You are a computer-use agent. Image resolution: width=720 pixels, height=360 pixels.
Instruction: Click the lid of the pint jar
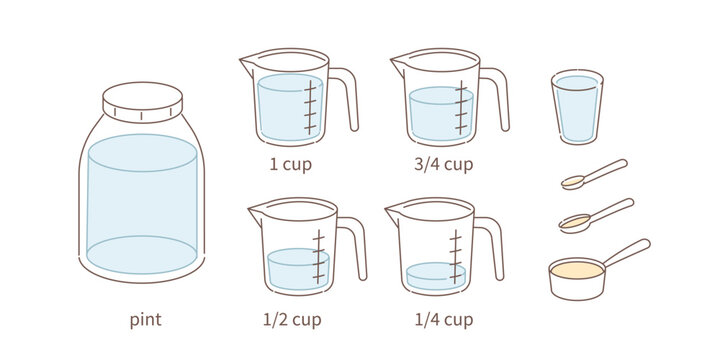pyautogui.click(x=142, y=102)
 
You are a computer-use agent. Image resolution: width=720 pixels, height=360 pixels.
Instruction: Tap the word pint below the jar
pyautogui.click(x=146, y=320)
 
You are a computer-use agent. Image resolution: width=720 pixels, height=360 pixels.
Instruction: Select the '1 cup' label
pyautogui.click(x=290, y=164)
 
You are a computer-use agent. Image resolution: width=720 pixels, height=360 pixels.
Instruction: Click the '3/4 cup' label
pyautogui.click(x=443, y=164)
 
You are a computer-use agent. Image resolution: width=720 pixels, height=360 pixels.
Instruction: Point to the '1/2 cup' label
pyautogui.click(x=292, y=320)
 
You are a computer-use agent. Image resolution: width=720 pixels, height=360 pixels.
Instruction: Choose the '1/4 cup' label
pyautogui.click(x=444, y=320)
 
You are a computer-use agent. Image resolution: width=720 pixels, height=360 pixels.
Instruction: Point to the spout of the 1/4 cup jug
pyautogui.click(x=393, y=214)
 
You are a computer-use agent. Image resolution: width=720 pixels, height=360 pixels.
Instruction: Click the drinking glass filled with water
pyautogui.click(x=577, y=107)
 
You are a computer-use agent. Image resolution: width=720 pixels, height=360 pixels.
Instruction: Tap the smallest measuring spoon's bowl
pyautogui.click(x=573, y=182)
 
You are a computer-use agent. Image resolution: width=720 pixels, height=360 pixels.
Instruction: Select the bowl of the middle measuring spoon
pyautogui.click(x=574, y=223)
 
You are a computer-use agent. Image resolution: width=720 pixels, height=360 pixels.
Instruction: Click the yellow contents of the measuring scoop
pyautogui.click(x=577, y=270)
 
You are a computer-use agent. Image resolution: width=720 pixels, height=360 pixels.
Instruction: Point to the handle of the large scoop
pyautogui.click(x=627, y=252)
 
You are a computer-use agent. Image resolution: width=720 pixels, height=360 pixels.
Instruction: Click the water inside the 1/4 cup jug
pyautogui.click(x=436, y=276)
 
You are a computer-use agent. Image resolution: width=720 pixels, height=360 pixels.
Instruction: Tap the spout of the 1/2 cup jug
pyautogui.click(x=256, y=215)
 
